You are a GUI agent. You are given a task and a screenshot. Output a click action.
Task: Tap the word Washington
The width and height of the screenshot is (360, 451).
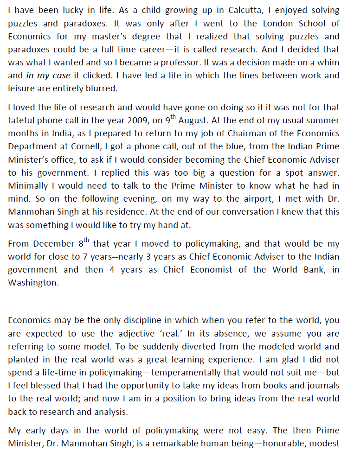(x=32, y=283)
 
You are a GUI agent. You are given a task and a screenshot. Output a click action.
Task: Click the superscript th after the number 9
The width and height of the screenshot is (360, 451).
(x=174, y=117)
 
